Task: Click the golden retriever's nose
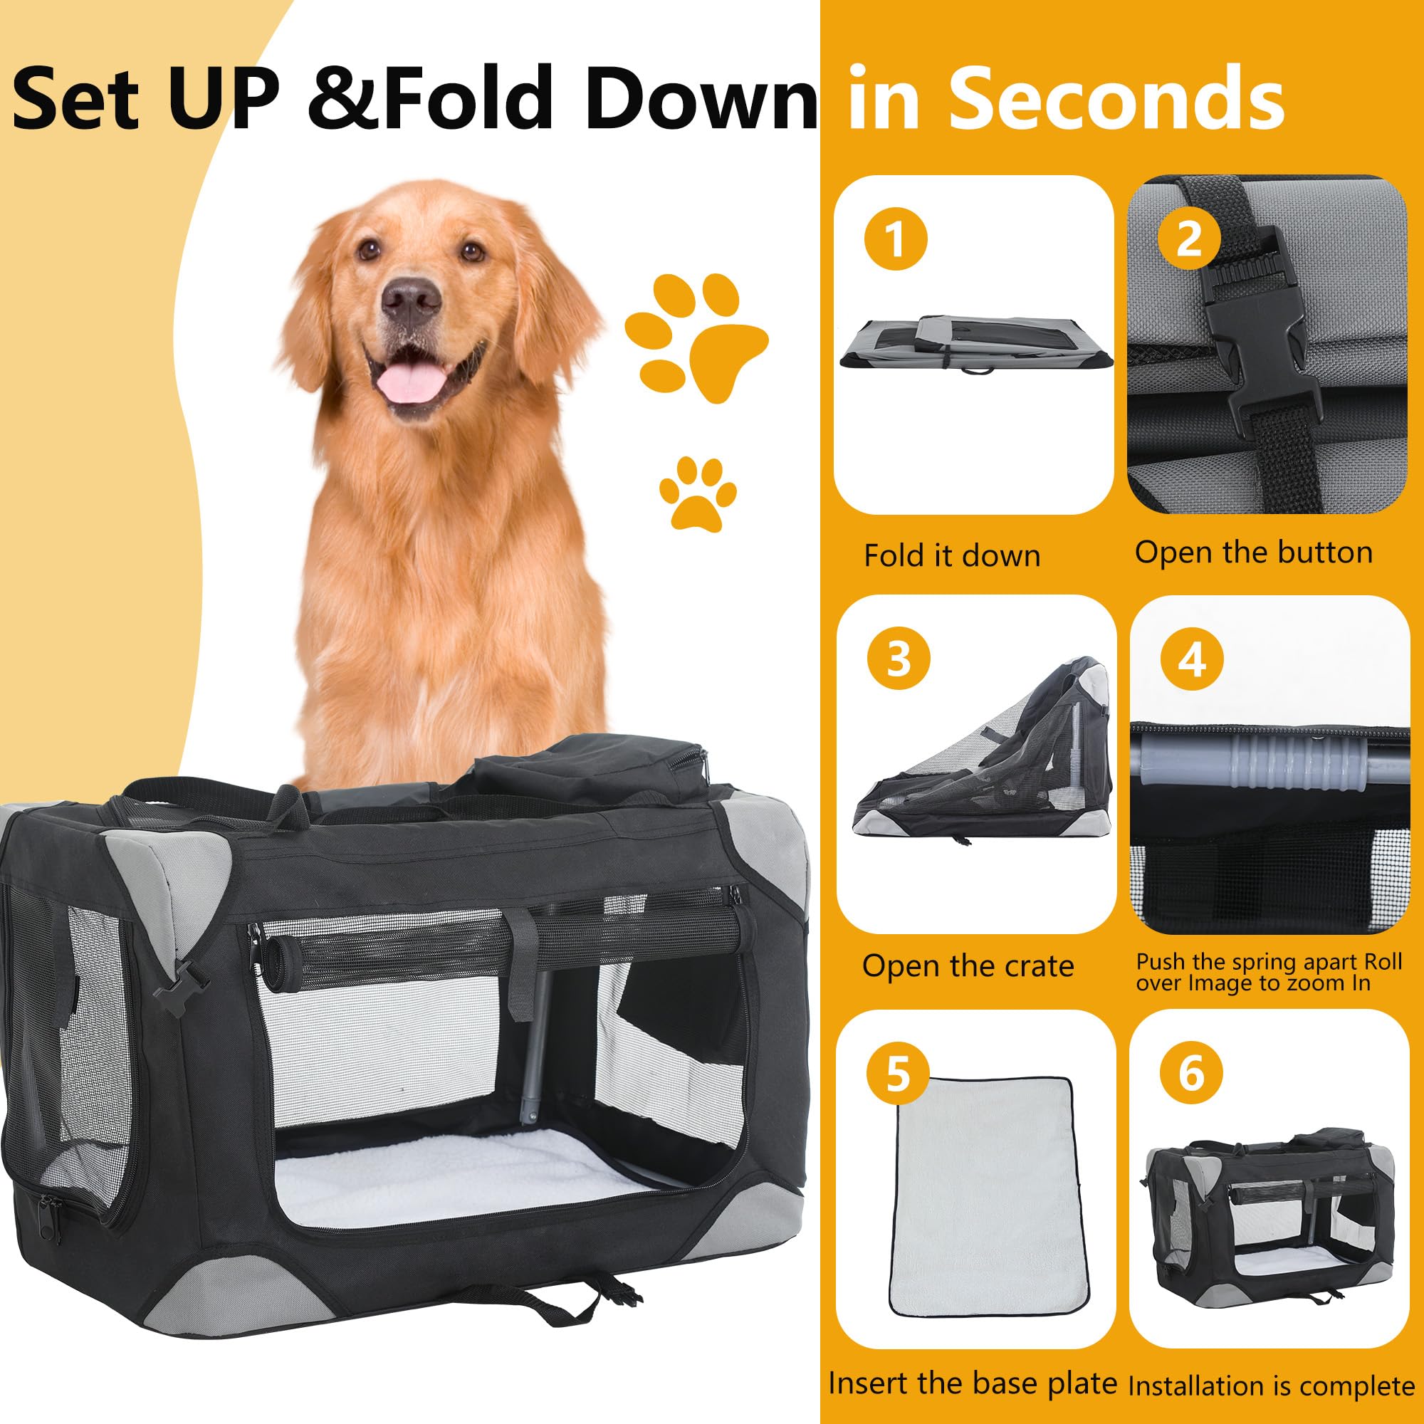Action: pos(411,298)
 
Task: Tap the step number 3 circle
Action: pos(898,658)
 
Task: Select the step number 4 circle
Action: pos(1192,658)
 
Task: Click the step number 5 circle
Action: pos(897,1074)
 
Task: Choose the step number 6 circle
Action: pos(1191,1073)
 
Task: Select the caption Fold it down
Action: pos(951,556)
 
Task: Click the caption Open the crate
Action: pos(968,965)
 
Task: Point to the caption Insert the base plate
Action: pos(972,1383)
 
